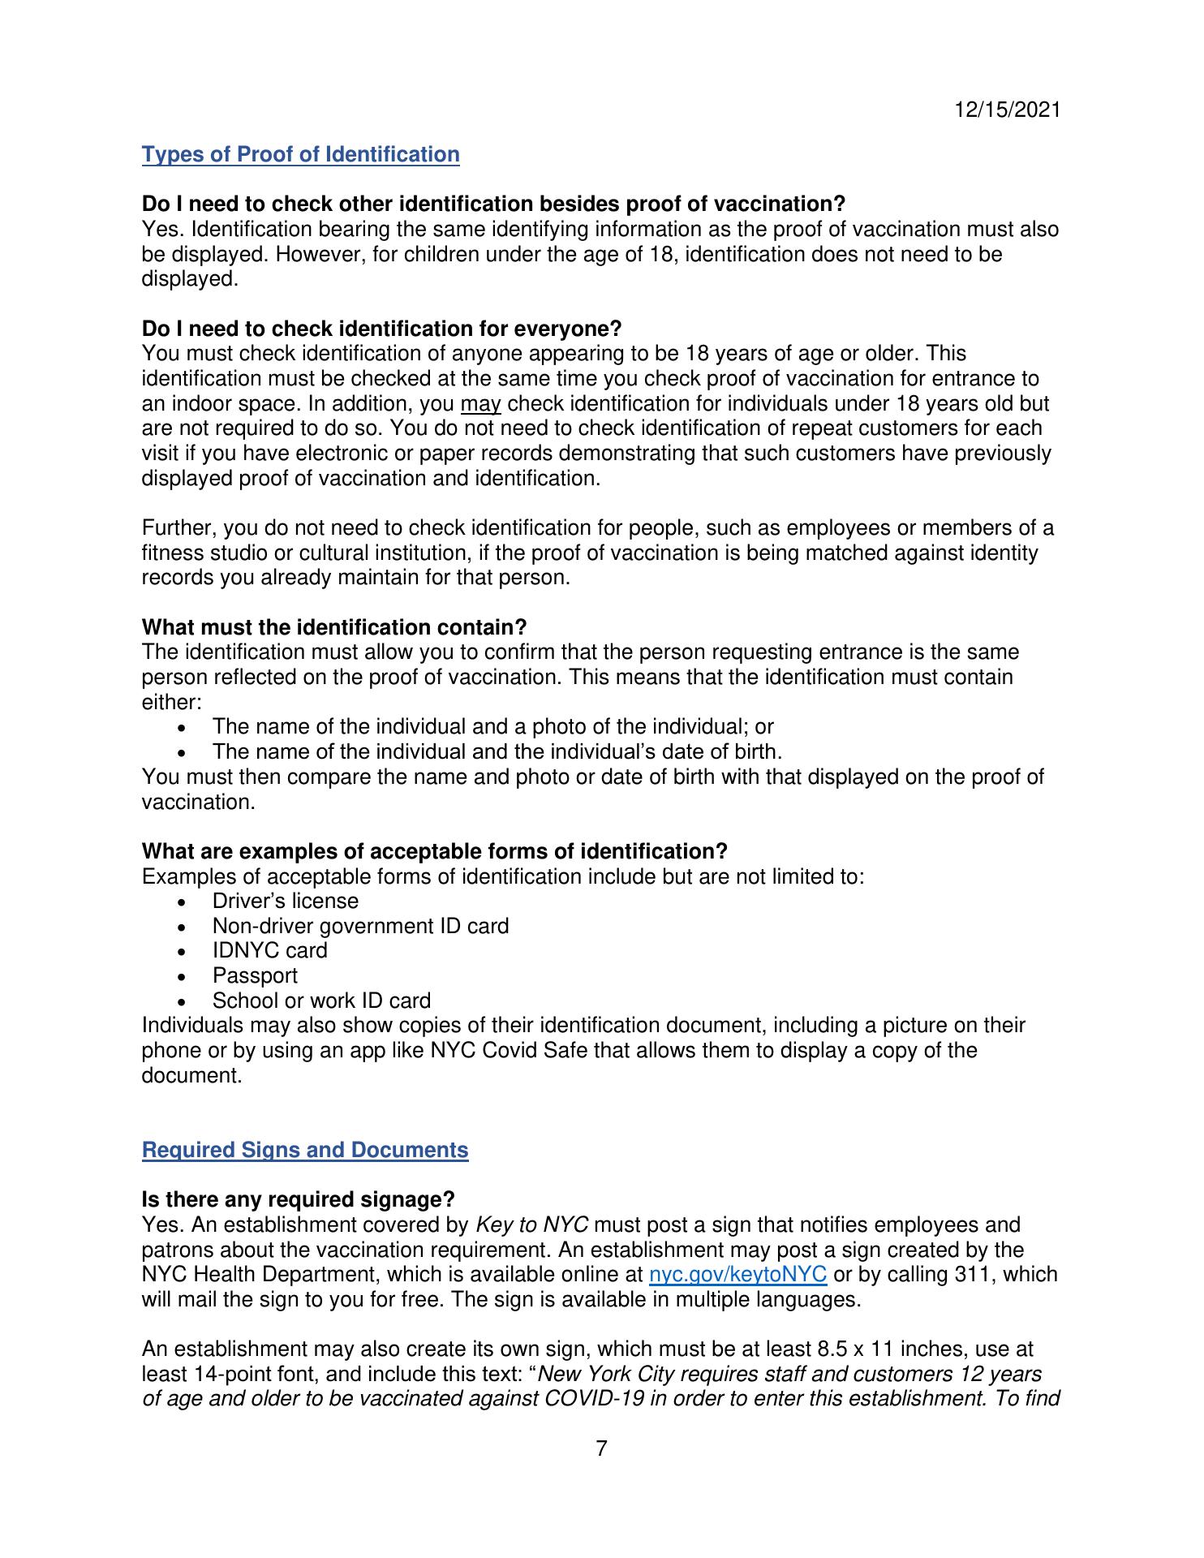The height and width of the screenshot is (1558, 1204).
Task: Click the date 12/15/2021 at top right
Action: click(x=1007, y=110)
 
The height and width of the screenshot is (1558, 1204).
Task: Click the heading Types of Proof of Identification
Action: click(x=300, y=154)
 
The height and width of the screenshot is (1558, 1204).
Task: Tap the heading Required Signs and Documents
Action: click(x=305, y=1150)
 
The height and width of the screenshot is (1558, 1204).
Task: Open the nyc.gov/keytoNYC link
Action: click(x=738, y=1274)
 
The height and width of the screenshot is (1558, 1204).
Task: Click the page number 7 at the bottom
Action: click(x=601, y=1448)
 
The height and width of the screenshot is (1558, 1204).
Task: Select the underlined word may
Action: click(x=480, y=404)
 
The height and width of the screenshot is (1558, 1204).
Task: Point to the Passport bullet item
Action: click(x=255, y=975)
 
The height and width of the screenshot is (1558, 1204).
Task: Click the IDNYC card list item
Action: click(x=269, y=950)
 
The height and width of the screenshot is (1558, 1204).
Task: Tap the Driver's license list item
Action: click(x=285, y=901)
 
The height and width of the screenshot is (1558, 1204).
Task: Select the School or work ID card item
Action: click(x=321, y=1001)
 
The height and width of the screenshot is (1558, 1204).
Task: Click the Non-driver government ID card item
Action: click(x=360, y=926)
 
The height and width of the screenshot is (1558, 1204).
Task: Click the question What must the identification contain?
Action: click(x=334, y=627)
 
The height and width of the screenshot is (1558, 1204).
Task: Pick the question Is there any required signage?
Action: click(x=298, y=1199)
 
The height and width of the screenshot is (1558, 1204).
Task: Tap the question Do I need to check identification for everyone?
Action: click(x=381, y=329)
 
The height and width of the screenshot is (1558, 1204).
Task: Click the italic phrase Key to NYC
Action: click(x=531, y=1224)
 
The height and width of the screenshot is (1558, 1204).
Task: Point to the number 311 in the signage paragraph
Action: click(x=980, y=1274)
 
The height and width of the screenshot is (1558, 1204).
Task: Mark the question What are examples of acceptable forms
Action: click(x=434, y=851)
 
